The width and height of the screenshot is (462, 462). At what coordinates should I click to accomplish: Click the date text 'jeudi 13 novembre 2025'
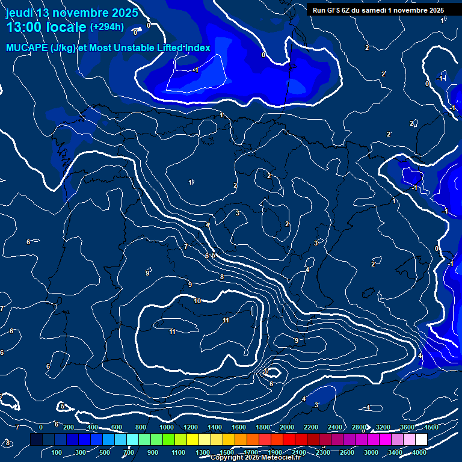72,13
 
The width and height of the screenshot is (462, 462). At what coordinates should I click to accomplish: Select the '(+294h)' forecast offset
107,27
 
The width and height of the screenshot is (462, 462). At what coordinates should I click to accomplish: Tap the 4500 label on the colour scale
431,427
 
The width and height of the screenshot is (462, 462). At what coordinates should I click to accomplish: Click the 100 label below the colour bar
57,452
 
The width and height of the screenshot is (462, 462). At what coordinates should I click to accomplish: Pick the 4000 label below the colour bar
420,452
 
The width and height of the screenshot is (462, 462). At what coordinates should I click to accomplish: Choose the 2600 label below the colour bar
347,452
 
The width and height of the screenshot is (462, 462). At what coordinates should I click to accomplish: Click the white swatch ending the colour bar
421,440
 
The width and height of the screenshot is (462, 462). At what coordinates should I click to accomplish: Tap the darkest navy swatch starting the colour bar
36,440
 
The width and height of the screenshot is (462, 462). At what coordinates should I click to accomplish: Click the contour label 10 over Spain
198,301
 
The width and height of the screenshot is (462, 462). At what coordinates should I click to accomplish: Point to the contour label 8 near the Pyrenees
222,277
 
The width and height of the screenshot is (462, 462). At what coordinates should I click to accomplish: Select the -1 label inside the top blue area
196,70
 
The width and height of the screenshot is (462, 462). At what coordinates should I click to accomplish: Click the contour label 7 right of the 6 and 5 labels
186,247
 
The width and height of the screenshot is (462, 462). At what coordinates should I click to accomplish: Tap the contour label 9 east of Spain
296,340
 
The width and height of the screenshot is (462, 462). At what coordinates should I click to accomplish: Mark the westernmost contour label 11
172,331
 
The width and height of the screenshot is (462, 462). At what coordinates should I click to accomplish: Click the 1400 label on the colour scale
215,427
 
